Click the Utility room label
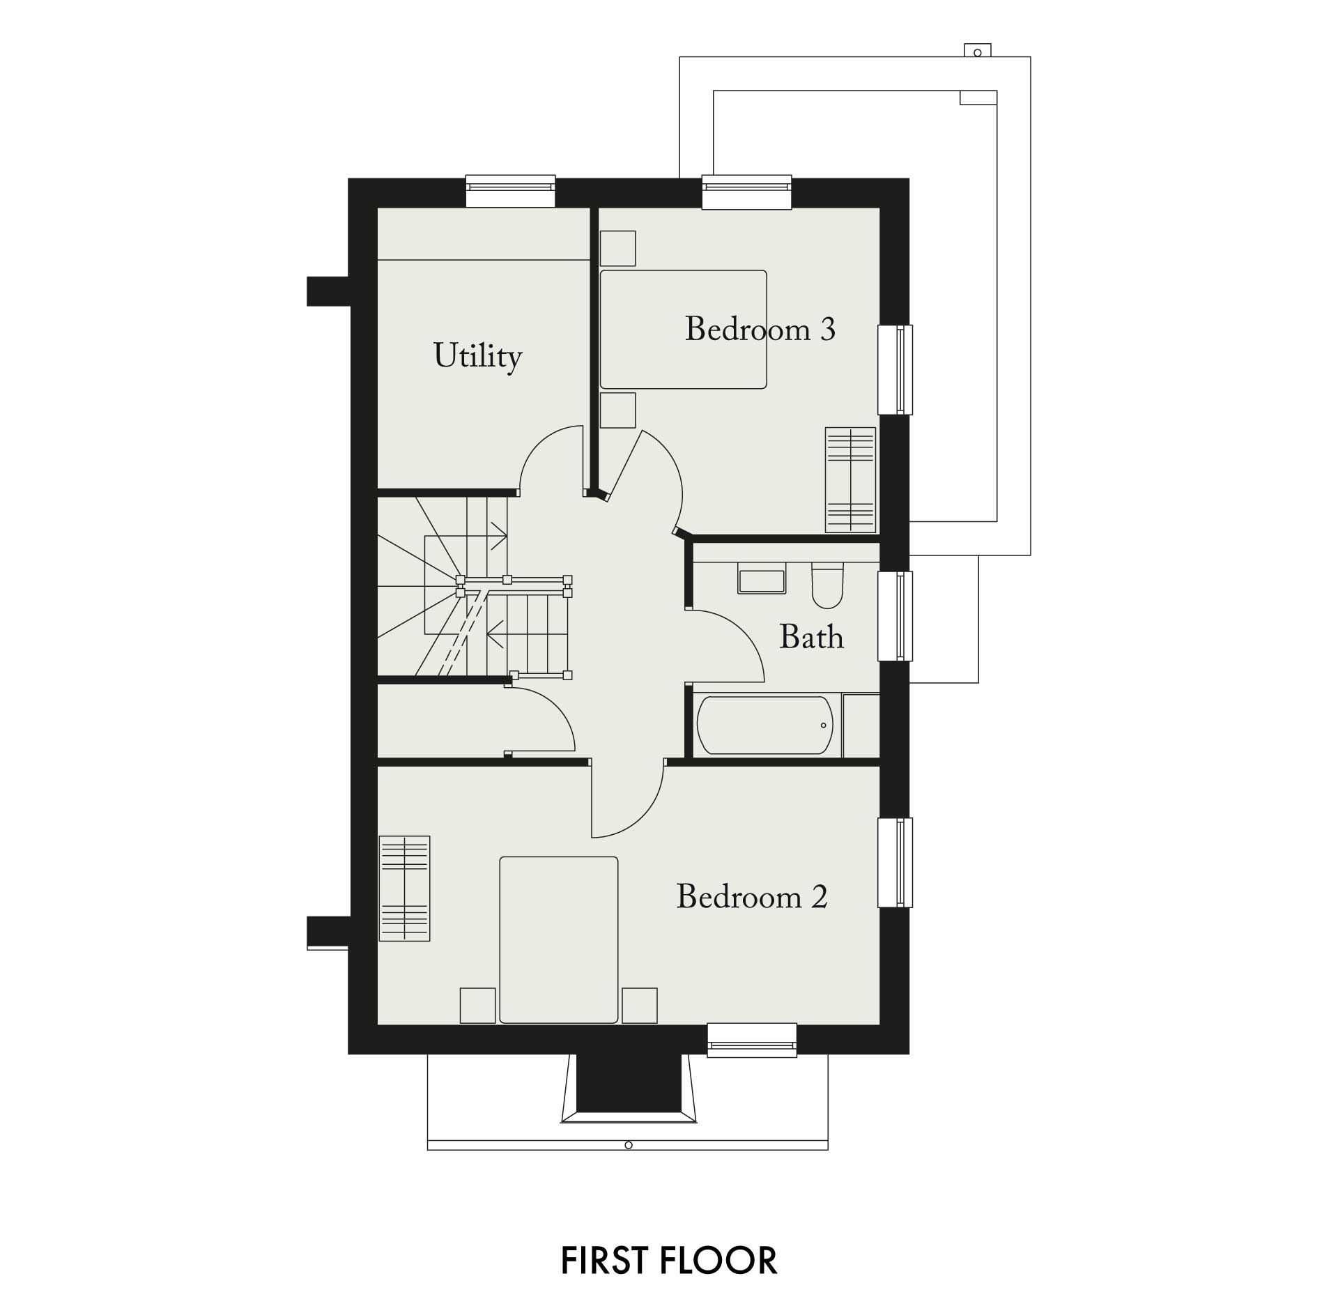(478, 357)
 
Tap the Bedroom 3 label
(760, 329)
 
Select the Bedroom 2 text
(752, 896)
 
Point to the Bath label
(811, 637)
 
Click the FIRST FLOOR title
(669, 1260)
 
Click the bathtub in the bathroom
(764, 725)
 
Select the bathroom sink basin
(762, 581)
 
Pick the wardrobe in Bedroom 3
(850, 479)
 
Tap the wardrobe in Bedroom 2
(404, 888)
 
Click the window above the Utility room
(510, 191)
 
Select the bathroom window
(895, 616)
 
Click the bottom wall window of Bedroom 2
(752, 1040)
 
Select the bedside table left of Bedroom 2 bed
(478, 1006)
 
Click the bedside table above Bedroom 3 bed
(617, 248)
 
